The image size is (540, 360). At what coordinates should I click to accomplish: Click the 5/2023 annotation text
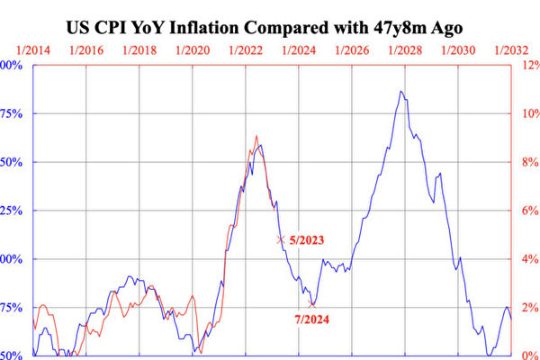click(x=306, y=240)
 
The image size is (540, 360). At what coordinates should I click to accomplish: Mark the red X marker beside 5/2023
click(x=281, y=239)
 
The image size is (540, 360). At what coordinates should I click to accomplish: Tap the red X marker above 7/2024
click(x=312, y=304)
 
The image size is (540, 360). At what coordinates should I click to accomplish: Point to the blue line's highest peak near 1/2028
click(x=399, y=90)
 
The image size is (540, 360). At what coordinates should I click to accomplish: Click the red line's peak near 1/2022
click(x=256, y=136)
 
